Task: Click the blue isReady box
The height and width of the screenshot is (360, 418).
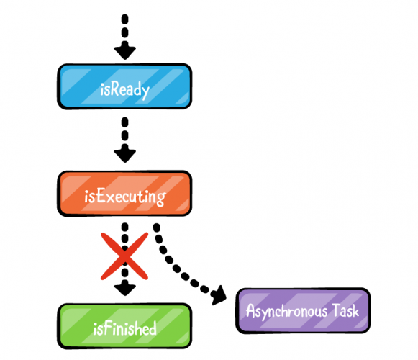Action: [124, 86]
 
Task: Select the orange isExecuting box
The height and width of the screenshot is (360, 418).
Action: [124, 194]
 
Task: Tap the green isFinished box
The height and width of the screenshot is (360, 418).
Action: [124, 326]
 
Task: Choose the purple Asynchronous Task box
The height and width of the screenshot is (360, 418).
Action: [303, 310]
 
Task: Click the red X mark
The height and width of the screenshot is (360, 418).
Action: [124, 256]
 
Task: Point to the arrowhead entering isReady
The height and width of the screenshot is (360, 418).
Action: [124, 53]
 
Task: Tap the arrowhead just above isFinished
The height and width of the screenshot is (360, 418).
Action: [124, 289]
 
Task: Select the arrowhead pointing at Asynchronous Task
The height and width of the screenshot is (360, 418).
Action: [219, 295]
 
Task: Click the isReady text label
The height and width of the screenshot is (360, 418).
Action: [124, 90]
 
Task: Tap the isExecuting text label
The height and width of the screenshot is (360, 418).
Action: [125, 197]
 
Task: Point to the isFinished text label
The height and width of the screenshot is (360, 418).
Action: [124, 328]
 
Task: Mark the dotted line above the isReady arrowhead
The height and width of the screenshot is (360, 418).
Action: [124, 30]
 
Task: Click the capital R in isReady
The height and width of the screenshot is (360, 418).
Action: [114, 89]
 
